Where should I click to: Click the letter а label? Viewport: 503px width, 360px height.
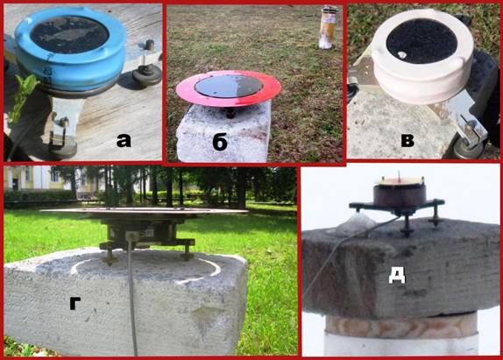tap(124, 141)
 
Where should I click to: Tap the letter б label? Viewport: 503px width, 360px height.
tap(220, 142)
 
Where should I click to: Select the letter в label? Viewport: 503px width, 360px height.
tap(407, 140)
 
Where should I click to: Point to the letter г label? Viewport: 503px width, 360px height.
tap(75, 302)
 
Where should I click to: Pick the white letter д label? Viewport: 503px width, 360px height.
tap(397, 275)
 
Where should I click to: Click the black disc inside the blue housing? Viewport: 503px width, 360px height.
tap(69, 34)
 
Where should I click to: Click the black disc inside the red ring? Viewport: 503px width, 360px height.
tap(229, 86)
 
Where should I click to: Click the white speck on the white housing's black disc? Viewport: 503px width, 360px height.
tap(401, 55)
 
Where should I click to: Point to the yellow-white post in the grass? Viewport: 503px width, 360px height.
tap(328, 28)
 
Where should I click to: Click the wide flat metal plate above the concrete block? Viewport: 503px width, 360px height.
tap(144, 212)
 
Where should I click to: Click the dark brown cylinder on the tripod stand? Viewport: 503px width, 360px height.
tap(400, 194)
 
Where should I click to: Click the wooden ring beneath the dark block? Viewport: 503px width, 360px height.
tap(400, 327)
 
